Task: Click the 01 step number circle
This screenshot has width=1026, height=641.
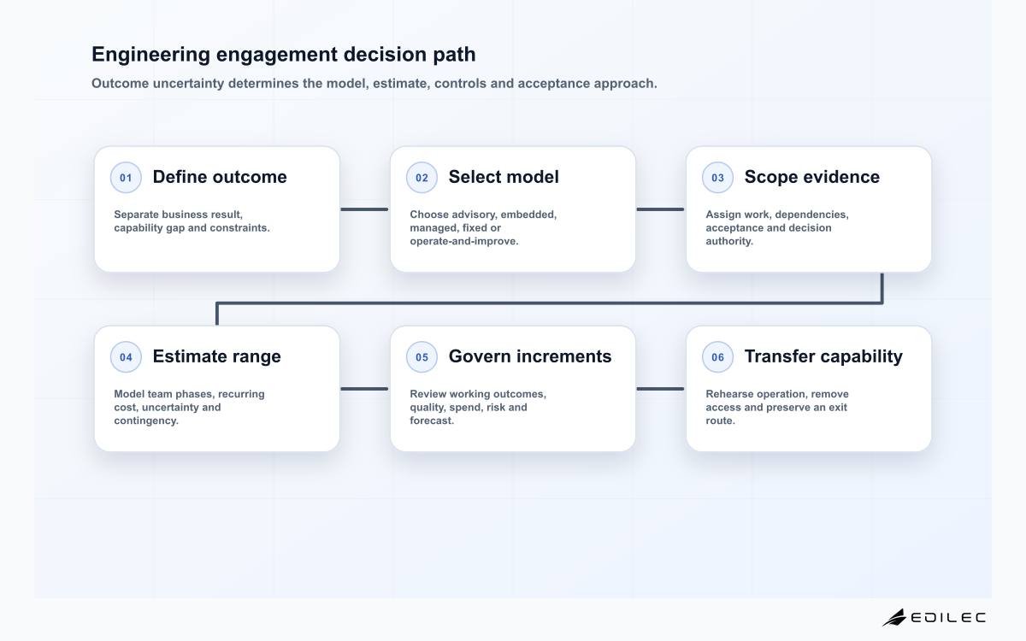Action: point(126,177)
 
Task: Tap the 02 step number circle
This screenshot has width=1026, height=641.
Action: point(422,177)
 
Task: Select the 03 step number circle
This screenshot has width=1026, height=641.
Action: point(717,177)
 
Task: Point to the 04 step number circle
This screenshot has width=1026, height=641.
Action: point(126,356)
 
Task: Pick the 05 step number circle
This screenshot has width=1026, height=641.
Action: point(422,356)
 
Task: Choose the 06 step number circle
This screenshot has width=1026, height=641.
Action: point(717,356)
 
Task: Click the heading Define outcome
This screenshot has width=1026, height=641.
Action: point(220,177)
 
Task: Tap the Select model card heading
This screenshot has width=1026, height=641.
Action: point(504,177)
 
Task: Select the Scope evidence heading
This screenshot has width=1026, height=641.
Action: point(812,177)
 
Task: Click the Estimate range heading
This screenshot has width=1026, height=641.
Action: point(216,356)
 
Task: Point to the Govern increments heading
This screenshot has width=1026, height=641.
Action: point(530,356)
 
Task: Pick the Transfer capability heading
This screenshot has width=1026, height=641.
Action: point(823,356)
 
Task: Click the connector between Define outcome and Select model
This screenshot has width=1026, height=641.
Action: point(364,209)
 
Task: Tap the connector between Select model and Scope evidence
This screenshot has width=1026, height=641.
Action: point(660,209)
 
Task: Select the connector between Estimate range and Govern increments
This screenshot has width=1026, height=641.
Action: point(364,389)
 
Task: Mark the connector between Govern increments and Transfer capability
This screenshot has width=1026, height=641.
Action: point(660,389)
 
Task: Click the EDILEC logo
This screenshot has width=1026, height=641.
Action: point(934,617)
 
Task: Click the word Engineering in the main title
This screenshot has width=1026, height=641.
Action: point(151,55)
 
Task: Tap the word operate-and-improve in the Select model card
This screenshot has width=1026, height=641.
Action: point(464,241)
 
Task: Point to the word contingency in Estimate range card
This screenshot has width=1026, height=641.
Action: point(146,420)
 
